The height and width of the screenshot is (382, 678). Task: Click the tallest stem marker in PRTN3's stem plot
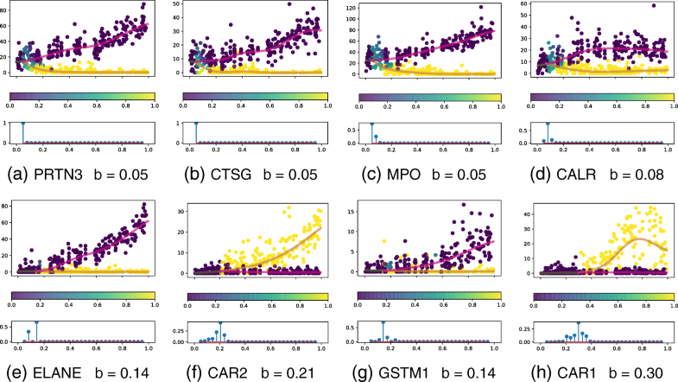tap(22, 124)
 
